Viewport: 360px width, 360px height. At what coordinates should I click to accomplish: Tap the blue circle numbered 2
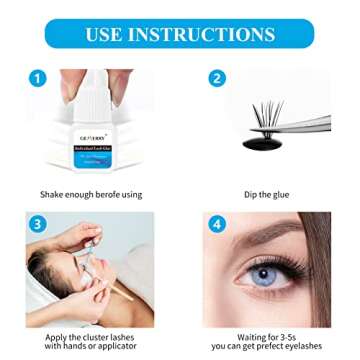click(216, 78)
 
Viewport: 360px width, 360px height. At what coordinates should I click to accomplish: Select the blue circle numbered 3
click(37, 224)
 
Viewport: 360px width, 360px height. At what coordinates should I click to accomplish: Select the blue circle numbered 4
click(216, 224)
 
